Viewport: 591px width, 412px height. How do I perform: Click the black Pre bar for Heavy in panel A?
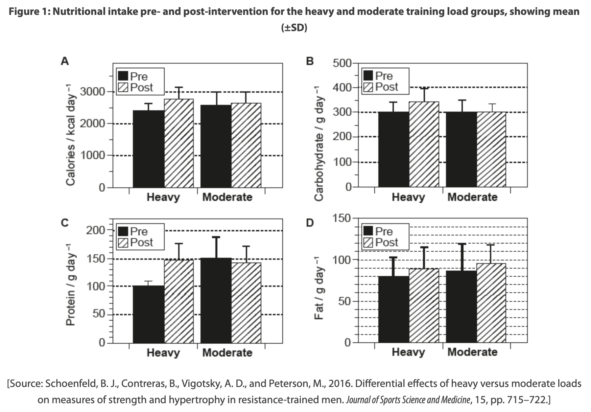148,149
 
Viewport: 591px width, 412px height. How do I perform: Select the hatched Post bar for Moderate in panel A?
246,145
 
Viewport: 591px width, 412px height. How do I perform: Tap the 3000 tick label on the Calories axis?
92,92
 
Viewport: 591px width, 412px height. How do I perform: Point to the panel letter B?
310,61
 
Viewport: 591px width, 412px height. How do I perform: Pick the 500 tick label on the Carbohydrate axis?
342,63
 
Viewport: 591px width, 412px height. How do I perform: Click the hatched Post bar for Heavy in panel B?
424,144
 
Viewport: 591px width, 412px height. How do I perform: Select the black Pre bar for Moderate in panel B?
461,150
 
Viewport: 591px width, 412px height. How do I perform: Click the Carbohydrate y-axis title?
319,143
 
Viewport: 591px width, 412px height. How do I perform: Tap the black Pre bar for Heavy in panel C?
148,314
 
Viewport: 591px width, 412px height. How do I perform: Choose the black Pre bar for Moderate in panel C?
216,300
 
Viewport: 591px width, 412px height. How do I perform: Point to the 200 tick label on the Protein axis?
96,230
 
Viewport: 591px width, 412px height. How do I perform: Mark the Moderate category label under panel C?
227,353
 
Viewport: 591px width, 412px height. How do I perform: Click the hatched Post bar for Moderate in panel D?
491,303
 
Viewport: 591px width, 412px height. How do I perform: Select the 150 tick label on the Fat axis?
342,218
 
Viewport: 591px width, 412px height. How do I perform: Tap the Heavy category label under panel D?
408,352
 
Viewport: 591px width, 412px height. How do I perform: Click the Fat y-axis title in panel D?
319,293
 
